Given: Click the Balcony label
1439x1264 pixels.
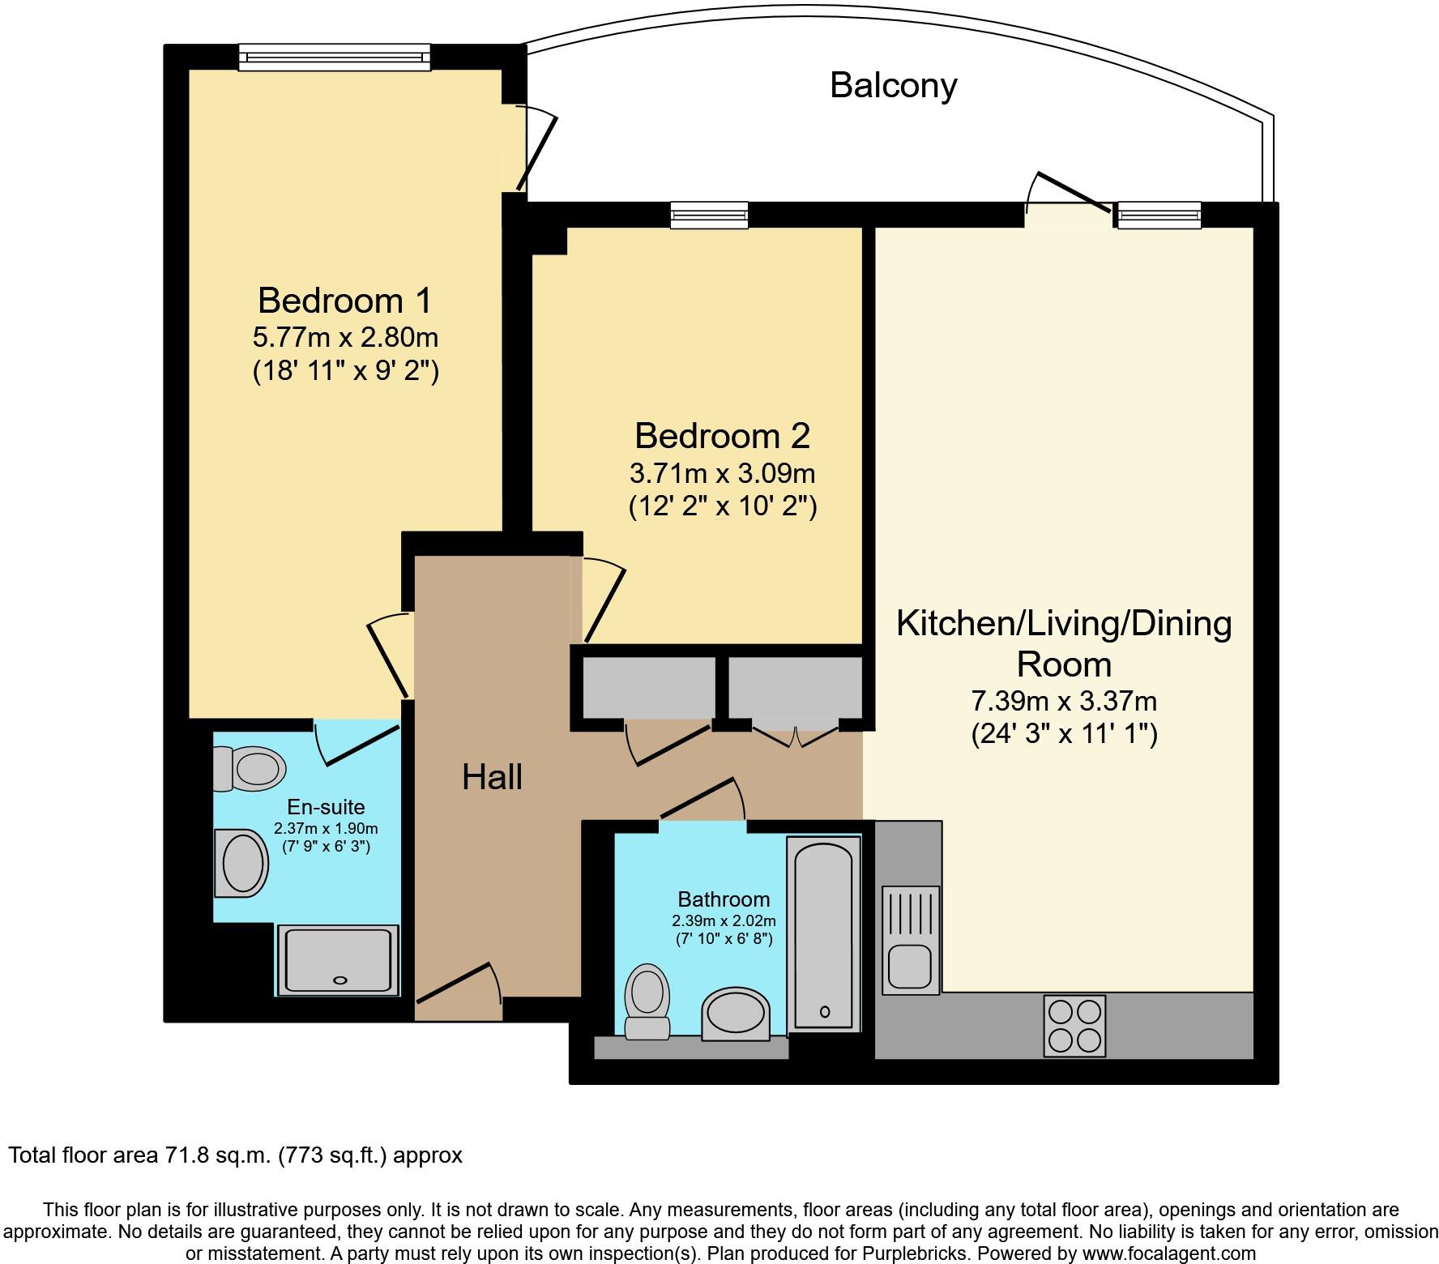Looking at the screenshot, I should (x=893, y=85).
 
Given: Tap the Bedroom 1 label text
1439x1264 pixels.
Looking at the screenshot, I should (x=344, y=301).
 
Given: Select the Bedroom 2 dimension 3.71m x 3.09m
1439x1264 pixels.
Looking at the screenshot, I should (x=722, y=472).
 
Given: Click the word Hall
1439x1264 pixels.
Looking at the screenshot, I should (x=492, y=778).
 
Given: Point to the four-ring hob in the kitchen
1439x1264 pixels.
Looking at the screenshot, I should (x=1074, y=1025).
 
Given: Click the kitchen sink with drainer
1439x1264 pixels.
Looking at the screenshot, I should (x=911, y=940).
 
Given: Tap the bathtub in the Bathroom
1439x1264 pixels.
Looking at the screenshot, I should (x=823, y=933).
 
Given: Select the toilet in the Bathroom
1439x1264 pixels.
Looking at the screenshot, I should (x=647, y=1001).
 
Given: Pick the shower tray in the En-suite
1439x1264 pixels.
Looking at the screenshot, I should (x=338, y=960).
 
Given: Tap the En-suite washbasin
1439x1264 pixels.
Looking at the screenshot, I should (x=241, y=863).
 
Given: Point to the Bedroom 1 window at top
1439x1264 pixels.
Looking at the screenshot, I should (x=334, y=57).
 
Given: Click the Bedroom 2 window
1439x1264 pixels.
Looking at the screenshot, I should (x=709, y=216).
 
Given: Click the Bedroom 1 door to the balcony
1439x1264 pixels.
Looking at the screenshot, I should (x=535, y=150).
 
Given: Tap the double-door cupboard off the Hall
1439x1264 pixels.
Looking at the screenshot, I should (x=795, y=689).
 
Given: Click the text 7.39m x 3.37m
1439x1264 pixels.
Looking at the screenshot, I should (x=1063, y=700).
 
